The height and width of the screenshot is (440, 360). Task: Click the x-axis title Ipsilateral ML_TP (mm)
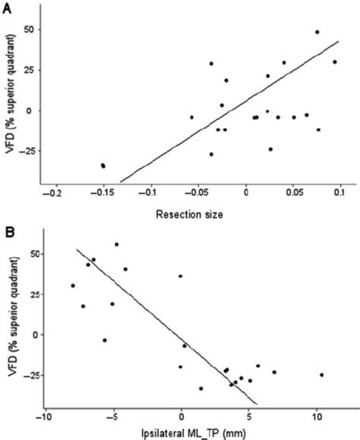[x=196, y=433]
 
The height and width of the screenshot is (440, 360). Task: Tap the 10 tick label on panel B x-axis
[x=317, y=416]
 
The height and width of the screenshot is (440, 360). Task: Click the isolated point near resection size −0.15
[x=103, y=165]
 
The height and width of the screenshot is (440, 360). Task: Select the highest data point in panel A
[x=317, y=32]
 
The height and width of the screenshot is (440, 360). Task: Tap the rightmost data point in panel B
[x=322, y=375]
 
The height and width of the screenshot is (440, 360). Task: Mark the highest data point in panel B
[x=116, y=245]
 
